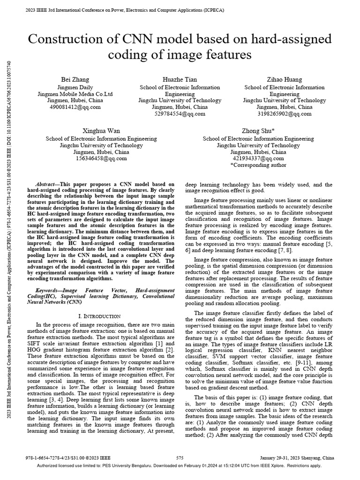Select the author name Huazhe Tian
[180, 79]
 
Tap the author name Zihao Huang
[285, 79]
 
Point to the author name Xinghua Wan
[101, 131]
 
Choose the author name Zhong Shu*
[258, 131]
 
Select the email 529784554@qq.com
[180, 113]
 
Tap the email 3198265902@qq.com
[285, 113]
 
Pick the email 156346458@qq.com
[101, 158]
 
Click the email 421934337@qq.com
[258, 158]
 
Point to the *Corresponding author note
[258, 165]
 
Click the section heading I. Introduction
[101, 316]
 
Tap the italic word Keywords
[49, 291]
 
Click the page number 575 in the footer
[180, 457]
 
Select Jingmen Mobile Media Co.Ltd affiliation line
[75, 94]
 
